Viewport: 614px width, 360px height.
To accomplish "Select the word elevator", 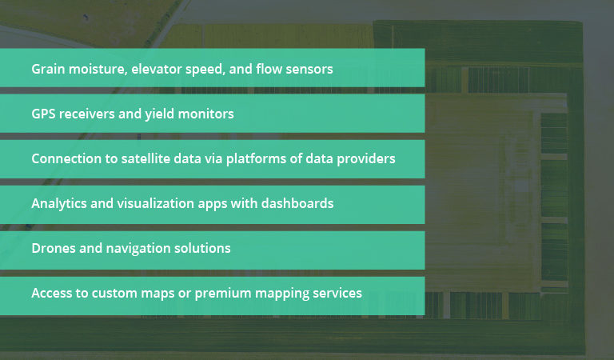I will click(159, 69).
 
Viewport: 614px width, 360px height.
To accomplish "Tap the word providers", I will click(367, 158).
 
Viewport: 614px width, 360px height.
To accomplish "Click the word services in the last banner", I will click(336, 294).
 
